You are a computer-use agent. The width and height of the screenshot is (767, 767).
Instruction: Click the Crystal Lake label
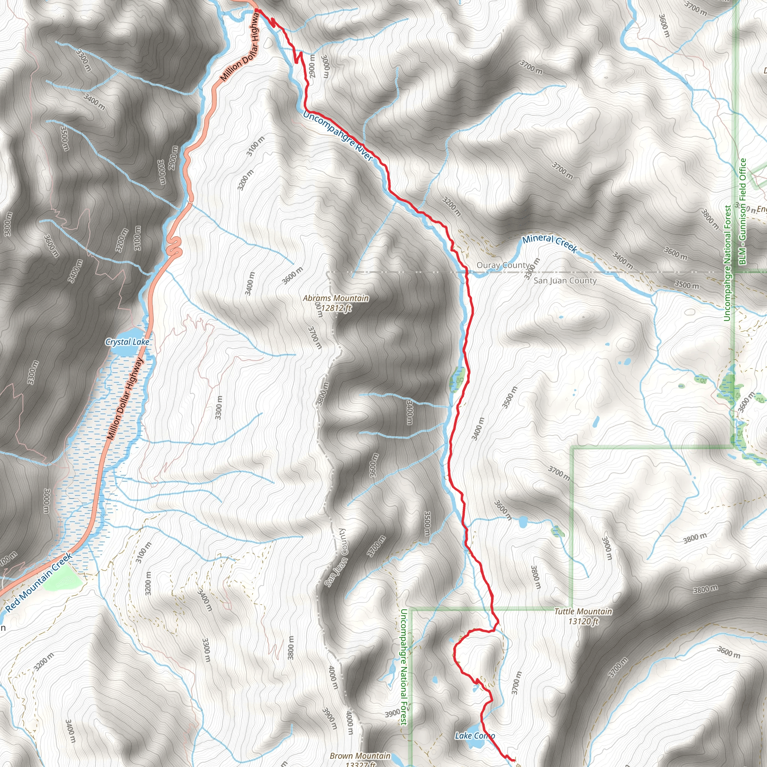click(x=127, y=342)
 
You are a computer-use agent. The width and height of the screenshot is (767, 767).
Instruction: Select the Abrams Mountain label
click(x=336, y=298)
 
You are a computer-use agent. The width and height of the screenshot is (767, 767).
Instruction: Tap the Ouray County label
click(x=503, y=265)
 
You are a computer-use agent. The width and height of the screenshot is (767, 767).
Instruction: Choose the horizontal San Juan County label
click(x=564, y=281)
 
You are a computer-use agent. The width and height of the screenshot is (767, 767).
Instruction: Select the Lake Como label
click(x=475, y=736)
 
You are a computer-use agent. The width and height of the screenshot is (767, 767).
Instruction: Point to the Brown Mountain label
click(x=360, y=756)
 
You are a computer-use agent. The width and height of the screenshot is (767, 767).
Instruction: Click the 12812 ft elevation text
click(x=336, y=308)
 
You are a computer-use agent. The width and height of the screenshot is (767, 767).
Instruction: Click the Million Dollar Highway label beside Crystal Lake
click(x=125, y=398)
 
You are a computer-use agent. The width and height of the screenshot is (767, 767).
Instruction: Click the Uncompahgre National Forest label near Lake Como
click(x=403, y=667)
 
